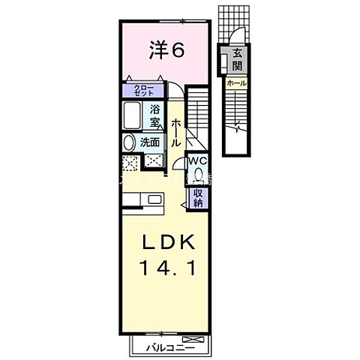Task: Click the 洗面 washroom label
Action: pyautogui.click(x=150, y=142)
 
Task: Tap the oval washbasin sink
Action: pyautogui.click(x=129, y=142)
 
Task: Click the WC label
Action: pyautogui.click(x=196, y=160)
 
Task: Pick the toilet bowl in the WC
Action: pyautogui.click(x=197, y=175)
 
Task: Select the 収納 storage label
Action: pyautogui.click(x=199, y=196)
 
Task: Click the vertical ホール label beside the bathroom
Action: pyautogui.click(x=175, y=132)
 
